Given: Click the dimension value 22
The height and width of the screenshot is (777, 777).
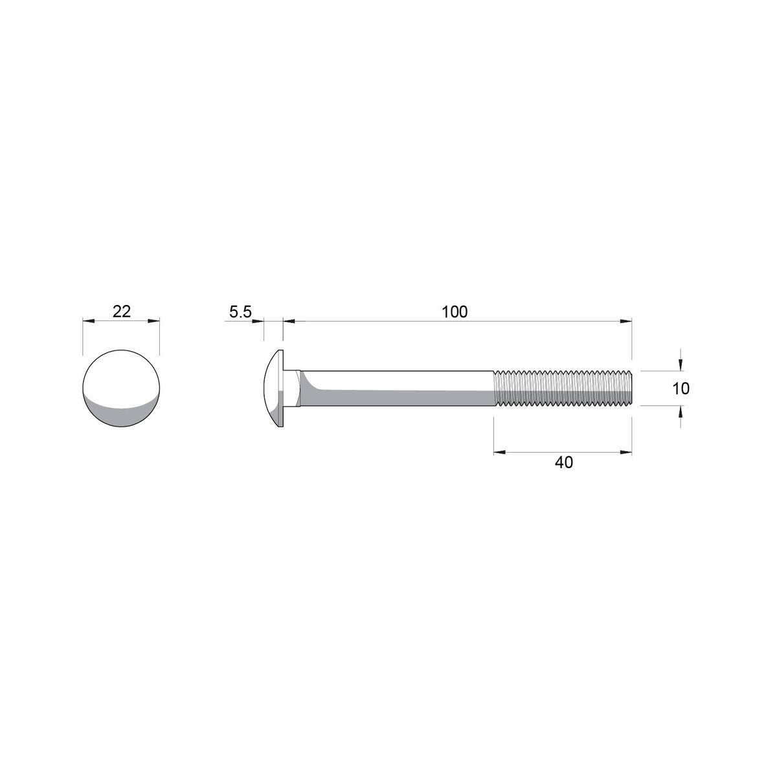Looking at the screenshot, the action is click(x=121, y=311).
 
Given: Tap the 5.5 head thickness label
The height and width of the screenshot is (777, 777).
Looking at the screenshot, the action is click(x=240, y=311).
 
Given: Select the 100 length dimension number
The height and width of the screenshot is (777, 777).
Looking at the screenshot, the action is click(x=455, y=311).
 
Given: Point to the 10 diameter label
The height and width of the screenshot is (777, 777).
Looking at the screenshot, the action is click(x=681, y=388).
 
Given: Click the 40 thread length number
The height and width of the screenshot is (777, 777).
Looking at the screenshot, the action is click(x=564, y=462).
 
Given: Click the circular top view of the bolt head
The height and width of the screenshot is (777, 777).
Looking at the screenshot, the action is click(x=121, y=388).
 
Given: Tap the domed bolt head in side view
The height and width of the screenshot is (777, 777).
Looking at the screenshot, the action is click(x=273, y=388).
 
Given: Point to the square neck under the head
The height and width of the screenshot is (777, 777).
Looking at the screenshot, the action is click(x=292, y=388).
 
